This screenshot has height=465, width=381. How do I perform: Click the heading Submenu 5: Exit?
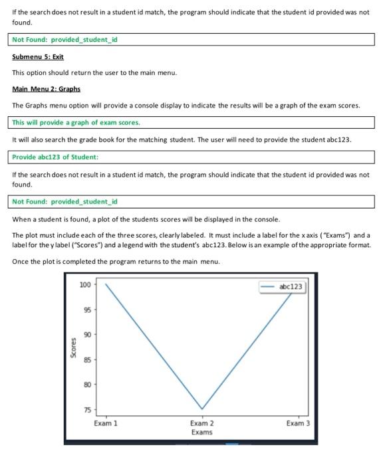[38, 57]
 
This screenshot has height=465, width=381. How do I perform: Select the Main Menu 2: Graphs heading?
[46, 89]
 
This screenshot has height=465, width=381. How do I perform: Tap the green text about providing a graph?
[76, 122]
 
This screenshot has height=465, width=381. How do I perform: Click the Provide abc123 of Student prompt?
[55, 157]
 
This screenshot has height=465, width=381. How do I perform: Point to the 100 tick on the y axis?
[85, 284]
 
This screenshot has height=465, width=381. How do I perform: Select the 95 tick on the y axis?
[87, 310]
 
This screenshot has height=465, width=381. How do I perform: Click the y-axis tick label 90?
[87, 334]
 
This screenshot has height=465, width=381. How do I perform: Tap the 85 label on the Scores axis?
[87, 359]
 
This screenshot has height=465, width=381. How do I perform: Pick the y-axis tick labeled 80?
[87, 385]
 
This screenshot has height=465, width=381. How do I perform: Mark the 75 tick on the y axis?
[87, 409]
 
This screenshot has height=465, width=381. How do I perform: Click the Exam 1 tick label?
[106, 423]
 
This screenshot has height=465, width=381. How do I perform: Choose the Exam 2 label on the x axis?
[201, 423]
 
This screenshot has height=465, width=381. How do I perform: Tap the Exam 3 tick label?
[298, 423]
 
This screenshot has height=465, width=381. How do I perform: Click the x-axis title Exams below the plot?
[201, 432]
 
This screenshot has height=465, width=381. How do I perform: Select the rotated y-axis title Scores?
[73, 347]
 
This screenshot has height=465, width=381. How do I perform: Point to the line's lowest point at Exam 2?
[202, 409]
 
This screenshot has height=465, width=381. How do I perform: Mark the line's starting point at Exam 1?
[106, 284]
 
